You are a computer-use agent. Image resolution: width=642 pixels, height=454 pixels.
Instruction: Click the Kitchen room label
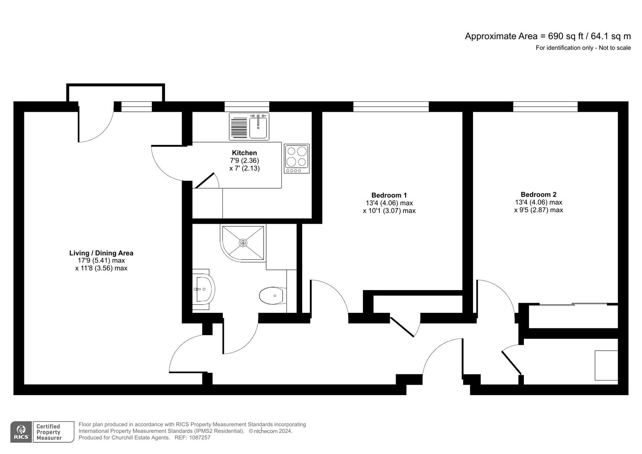(244, 153)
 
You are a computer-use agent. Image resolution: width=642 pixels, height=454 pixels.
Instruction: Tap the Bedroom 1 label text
(389, 195)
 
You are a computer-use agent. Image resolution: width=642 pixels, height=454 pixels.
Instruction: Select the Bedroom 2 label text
(538, 195)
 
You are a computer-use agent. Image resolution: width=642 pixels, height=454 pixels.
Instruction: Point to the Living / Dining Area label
(101, 253)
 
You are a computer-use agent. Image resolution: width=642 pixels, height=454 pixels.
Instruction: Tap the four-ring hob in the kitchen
(297, 158)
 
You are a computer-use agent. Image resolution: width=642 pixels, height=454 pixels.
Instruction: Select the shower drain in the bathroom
(243, 243)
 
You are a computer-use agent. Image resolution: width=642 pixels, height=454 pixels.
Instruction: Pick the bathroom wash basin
(204, 289)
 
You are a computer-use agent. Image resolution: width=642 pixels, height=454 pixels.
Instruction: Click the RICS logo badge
(21, 432)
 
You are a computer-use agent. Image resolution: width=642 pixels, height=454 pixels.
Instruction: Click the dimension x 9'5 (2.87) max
(538, 210)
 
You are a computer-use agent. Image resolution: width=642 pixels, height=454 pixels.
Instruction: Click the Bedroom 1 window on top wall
(391, 107)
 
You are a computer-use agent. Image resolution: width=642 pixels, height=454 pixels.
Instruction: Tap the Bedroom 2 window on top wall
(545, 107)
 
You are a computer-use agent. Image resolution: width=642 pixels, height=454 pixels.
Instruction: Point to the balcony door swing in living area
(96, 126)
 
